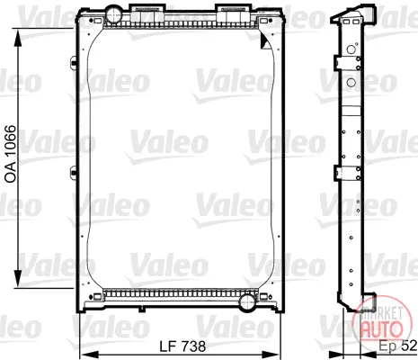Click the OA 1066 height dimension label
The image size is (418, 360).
click(x=11, y=154)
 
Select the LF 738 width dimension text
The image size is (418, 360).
click(x=182, y=346)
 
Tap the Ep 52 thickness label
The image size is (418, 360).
click(x=398, y=346)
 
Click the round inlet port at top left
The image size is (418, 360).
click(x=113, y=13)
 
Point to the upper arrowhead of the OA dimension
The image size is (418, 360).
click(x=18, y=38)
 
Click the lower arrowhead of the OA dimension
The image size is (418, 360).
click(x=18, y=279)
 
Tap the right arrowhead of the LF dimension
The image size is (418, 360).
click(x=271, y=355)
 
